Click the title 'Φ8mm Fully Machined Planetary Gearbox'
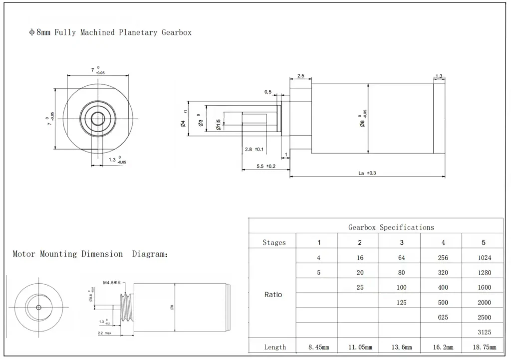tap(110, 32)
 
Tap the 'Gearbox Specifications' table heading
tap(391, 227)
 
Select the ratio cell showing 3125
tap(484, 332)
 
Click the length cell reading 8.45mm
tap(319, 347)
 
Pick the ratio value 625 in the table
tap(443, 317)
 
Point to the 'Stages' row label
tap(274, 243)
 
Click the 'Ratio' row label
tap(273, 295)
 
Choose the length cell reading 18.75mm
tap(483, 347)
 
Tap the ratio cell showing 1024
tap(484, 258)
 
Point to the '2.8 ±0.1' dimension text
tap(255, 150)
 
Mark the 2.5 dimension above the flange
tap(301, 76)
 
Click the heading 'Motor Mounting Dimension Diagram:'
tap(90, 254)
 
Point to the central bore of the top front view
tap(97, 118)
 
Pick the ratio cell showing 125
tap(401, 302)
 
